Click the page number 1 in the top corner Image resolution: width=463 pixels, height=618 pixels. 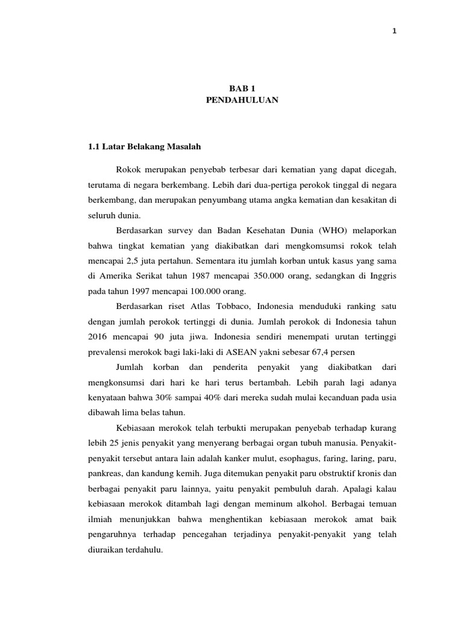394,32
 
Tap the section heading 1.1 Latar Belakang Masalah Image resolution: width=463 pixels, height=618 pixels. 144,146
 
